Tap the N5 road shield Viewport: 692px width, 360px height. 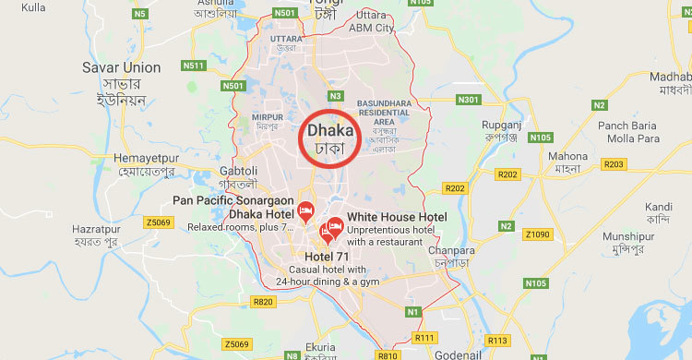(140, 14)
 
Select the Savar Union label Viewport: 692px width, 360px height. (121, 67)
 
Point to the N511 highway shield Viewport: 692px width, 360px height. (193, 65)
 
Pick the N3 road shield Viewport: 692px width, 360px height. (336, 95)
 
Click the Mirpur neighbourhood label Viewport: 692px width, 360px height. (267, 117)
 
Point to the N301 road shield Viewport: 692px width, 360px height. (469, 100)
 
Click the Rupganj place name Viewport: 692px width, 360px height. (502, 125)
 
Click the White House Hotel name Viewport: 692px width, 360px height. (397, 217)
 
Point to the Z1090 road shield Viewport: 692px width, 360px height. (537, 234)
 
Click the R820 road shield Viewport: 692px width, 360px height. (263, 302)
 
